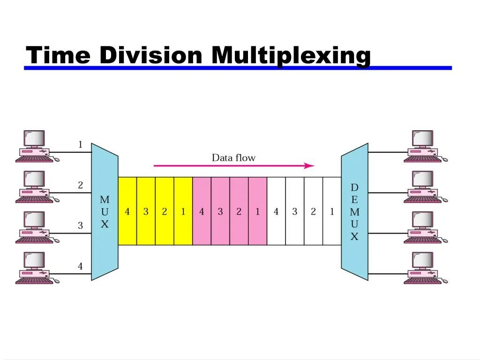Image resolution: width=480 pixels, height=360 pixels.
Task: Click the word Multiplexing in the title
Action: pos(291,55)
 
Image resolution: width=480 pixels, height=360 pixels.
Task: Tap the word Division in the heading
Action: pos(150,55)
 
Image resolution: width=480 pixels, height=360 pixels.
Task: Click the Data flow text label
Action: pos(233,157)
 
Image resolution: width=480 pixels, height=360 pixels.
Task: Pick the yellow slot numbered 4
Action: pos(127,211)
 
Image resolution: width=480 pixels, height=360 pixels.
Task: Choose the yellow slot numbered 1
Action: pos(183,211)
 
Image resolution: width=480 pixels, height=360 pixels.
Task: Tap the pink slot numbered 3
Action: pos(220,211)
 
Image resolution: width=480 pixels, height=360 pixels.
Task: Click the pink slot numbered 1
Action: pos(257,211)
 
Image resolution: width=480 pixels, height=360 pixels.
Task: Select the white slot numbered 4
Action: pos(276,211)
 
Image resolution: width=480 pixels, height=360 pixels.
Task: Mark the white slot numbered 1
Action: pos(332,211)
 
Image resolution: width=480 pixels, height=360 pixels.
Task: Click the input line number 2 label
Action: pos(80,185)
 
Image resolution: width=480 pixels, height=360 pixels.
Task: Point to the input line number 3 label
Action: pos(80,225)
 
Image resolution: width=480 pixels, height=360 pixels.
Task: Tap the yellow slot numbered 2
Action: pos(164,211)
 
